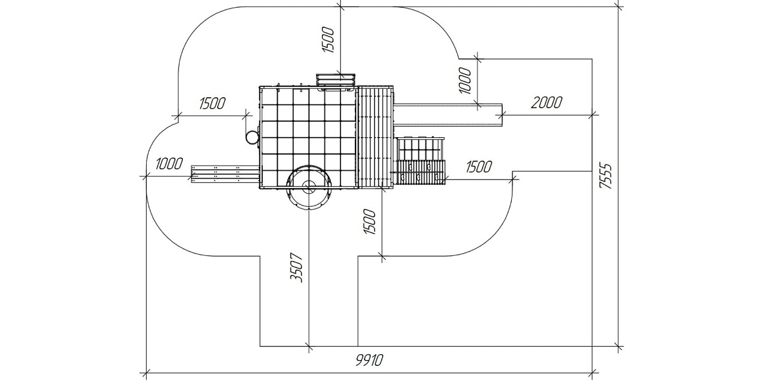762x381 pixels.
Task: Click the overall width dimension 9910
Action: tap(370, 360)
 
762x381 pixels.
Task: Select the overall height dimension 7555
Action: tap(606, 176)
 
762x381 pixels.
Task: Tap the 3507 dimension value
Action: tap(296, 267)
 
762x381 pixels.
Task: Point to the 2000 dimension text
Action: tap(547, 102)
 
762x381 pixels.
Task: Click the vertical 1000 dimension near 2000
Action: tap(465, 80)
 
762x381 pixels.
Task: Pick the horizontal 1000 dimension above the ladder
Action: tap(169, 164)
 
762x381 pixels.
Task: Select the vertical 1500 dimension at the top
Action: tap(328, 39)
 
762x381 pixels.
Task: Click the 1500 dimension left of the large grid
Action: tap(212, 104)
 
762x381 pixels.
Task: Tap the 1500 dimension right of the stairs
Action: tap(479, 166)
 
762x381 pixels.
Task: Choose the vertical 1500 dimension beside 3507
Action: tap(370, 222)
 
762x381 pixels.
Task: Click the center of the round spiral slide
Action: tap(309, 187)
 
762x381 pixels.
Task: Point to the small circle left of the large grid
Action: tap(252, 137)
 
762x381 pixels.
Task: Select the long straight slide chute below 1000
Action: tap(448, 115)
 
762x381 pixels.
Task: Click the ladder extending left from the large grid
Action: tap(225, 175)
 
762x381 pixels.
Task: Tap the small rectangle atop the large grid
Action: tap(336, 79)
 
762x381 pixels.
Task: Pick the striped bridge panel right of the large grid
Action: tap(375, 137)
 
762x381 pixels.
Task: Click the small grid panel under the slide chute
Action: tap(421, 149)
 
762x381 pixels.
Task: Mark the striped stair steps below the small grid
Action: tap(421, 173)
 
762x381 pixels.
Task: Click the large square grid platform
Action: tap(309, 137)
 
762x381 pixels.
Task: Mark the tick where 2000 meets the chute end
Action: tap(503, 115)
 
